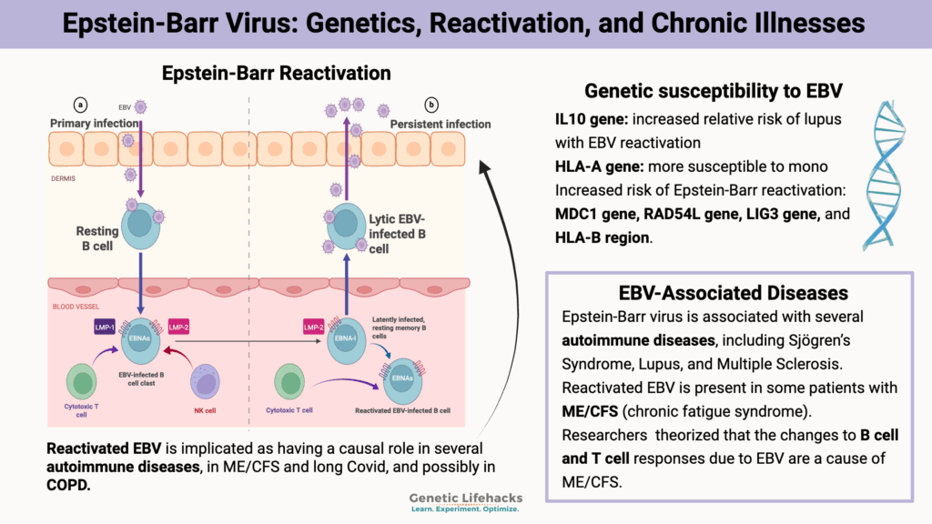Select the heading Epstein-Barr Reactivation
pos(276,73)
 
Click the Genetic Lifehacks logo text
pos(463,499)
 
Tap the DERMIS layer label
pos(64,178)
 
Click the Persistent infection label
pos(441,125)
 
